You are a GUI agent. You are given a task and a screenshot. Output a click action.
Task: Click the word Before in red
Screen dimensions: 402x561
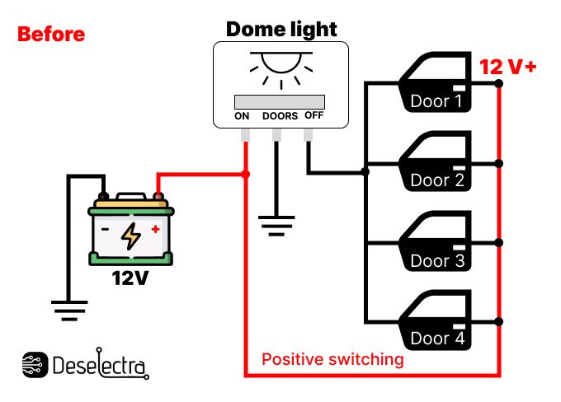click(x=51, y=35)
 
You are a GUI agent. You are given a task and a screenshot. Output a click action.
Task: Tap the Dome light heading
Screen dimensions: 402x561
click(x=281, y=30)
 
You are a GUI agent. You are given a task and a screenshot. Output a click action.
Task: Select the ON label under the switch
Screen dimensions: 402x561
click(x=242, y=116)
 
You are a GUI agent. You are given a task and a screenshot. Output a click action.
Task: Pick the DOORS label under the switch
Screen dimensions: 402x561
click(x=280, y=116)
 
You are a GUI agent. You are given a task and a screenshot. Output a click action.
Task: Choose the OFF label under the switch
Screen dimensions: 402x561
click(x=314, y=115)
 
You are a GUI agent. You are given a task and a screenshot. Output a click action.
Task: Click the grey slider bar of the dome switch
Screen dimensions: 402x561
click(x=280, y=101)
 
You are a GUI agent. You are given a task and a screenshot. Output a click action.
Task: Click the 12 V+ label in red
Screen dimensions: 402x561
click(x=508, y=67)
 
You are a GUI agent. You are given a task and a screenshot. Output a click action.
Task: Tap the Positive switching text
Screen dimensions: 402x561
click(x=332, y=359)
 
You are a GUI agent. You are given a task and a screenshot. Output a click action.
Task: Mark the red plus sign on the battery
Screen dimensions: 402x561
click(x=154, y=229)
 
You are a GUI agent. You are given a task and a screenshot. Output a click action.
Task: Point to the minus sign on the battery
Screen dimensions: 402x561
click(x=105, y=230)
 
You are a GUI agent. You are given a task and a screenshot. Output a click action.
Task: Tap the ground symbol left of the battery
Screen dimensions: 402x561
click(x=69, y=310)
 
